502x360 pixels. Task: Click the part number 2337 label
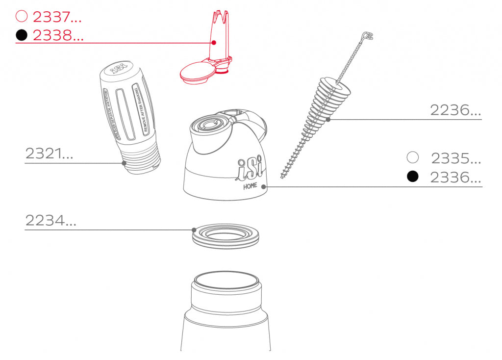[x=57, y=17]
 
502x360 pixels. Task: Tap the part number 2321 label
[x=49, y=154]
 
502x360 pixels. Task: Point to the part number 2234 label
[x=51, y=221]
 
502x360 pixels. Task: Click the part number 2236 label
[x=455, y=110]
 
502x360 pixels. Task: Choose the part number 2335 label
[x=456, y=158]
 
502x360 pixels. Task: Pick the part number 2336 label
[x=455, y=177]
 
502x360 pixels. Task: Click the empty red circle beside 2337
[x=21, y=17]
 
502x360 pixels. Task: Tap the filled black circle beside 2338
[x=21, y=35]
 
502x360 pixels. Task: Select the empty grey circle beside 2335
[x=413, y=157]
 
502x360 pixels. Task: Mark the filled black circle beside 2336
[x=413, y=177]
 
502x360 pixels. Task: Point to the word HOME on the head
[x=251, y=186]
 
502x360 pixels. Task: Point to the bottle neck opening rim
[x=226, y=281]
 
